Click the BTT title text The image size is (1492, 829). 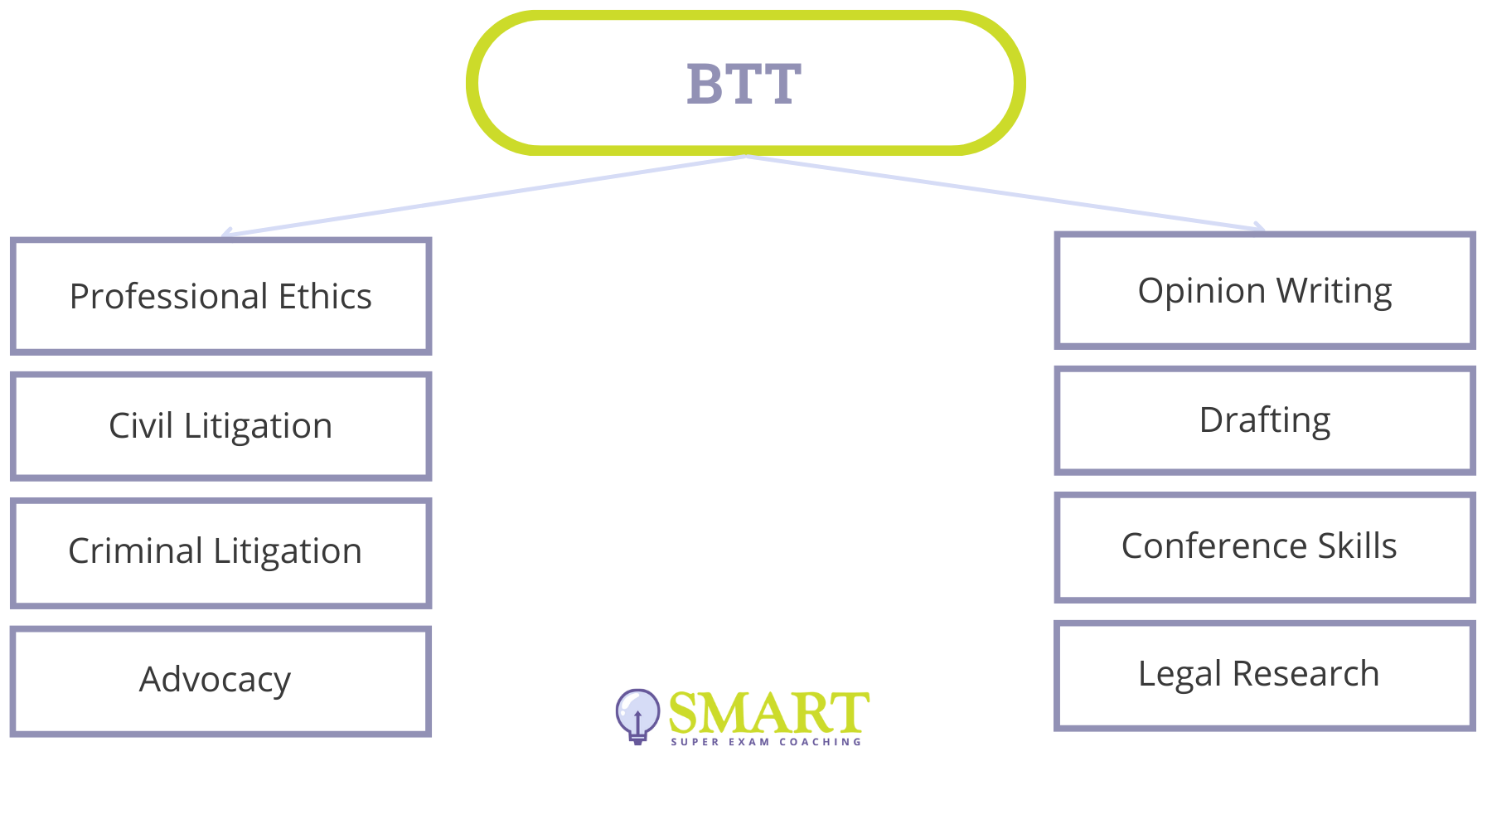(744, 84)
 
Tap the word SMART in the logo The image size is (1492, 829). (768, 713)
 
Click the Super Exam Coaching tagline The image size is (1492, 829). (766, 742)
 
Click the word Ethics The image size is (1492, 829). (325, 296)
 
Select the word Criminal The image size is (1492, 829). (136, 551)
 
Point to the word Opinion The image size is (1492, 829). (1202, 291)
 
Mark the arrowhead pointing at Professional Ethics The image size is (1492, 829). (225, 235)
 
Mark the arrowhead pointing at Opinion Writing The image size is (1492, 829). (1260, 227)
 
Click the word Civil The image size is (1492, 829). (141, 426)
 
